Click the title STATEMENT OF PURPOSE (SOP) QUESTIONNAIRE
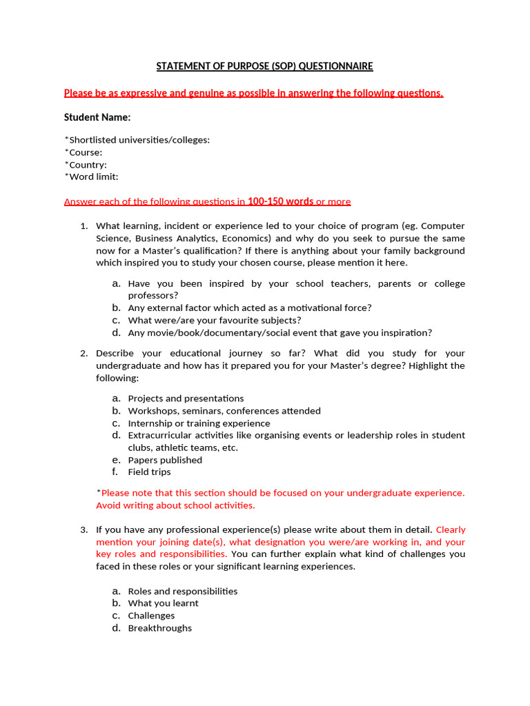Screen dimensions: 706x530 tap(264, 66)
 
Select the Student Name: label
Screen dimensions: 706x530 tap(97, 117)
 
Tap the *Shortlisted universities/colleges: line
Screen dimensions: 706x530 tap(137, 140)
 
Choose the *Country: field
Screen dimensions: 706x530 tap(86, 165)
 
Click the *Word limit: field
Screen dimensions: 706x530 tap(91, 176)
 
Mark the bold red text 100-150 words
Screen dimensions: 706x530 tap(280, 201)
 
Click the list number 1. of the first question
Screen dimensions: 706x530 tap(84, 226)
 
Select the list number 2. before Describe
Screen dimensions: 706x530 tap(84, 354)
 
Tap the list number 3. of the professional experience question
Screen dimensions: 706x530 tap(84, 529)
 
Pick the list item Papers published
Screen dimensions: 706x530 tap(165, 460)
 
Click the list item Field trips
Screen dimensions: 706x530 tap(149, 472)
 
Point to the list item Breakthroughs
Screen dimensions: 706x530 tap(160, 628)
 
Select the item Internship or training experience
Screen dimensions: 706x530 tap(199, 423)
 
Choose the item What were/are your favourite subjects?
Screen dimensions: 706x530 tap(214, 321)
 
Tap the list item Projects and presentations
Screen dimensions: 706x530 tap(186, 399)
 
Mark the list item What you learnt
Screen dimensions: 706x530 tap(163, 603)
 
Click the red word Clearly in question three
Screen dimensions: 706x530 tap(451, 529)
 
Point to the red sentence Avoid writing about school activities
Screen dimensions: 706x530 tap(175, 505)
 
